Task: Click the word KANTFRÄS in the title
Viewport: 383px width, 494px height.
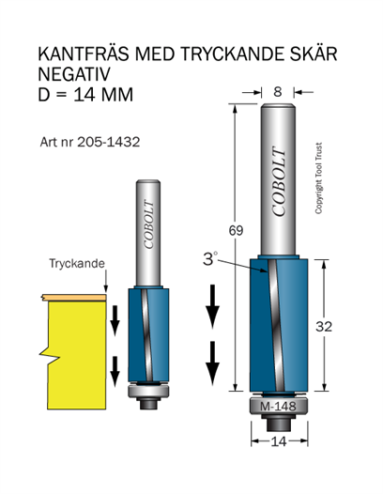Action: (84, 54)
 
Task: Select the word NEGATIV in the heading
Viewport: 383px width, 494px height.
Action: (74, 74)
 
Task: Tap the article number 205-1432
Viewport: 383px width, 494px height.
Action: (108, 142)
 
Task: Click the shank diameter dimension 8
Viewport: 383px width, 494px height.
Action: (278, 92)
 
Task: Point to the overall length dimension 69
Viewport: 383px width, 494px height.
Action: (236, 231)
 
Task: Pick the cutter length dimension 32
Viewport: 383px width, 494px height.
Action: (324, 327)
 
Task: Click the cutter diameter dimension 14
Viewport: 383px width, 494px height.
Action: (279, 441)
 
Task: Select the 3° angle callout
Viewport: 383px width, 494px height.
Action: (210, 259)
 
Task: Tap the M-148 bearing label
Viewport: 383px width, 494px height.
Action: (278, 407)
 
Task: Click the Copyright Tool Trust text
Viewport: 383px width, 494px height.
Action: (319, 178)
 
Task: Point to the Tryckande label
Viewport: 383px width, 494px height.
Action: (77, 263)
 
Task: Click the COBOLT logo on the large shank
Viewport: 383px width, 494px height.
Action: (279, 181)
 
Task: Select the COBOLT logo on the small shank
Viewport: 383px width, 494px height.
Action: (148, 224)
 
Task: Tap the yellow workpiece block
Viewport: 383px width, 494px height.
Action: (76, 354)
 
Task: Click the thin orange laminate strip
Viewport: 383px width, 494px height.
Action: (73, 297)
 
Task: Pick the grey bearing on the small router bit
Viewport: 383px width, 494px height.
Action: (148, 392)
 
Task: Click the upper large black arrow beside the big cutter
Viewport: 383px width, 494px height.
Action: (212, 306)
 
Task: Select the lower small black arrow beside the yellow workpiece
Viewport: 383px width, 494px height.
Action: (115, 371)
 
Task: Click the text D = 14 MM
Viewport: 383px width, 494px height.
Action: (85, 95)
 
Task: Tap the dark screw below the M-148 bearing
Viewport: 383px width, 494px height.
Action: (279, 423)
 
